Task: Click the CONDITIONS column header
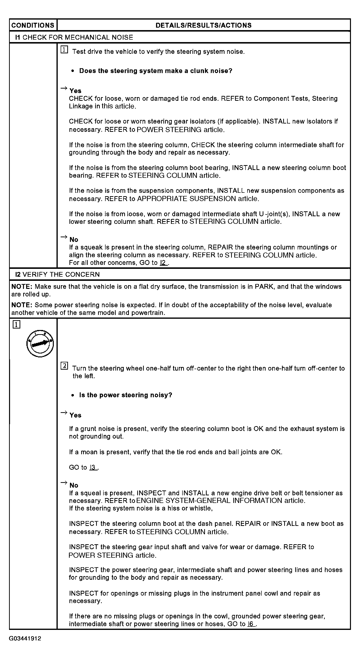coord(33,25)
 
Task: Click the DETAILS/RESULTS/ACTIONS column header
coord(203,25)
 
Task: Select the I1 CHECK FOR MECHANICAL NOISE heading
coord(74,37)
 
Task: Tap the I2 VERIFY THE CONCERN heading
coord(57,274)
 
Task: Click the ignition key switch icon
coord(40,343)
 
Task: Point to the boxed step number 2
coord(64,366)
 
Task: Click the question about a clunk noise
coord(156,71)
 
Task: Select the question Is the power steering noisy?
coord(125,395)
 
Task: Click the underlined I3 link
coord(93,467)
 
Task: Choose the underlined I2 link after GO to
coord(163,263)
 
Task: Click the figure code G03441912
coord(25,638)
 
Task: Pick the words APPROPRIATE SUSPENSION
coord(186,199)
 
